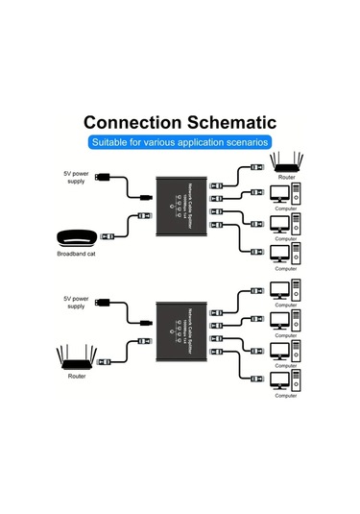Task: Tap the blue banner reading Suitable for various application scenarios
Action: (180, 142)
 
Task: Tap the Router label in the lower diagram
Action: (77, 377)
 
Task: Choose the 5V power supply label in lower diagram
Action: (77, 301)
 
